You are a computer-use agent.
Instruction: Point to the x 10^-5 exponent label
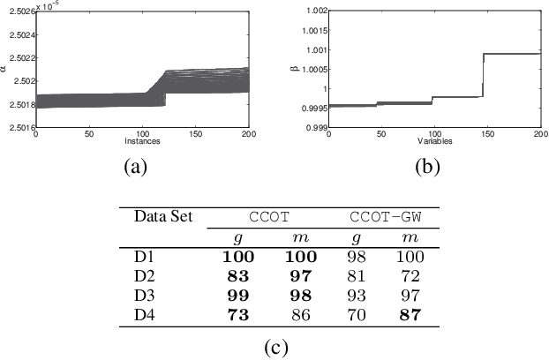(x=49, y=4)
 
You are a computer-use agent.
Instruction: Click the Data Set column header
(x=163, y=216)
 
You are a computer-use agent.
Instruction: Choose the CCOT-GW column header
(x=386, y=216)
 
